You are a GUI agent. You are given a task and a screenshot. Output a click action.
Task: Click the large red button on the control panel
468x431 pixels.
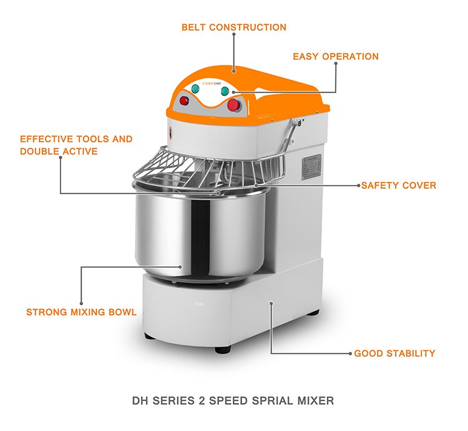[234, 105]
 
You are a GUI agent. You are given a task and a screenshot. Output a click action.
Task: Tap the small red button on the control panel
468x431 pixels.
[184, 100]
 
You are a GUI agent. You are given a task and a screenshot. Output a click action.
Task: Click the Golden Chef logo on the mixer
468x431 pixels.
[205, 80]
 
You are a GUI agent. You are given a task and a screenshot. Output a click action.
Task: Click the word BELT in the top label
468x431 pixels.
[195, 27]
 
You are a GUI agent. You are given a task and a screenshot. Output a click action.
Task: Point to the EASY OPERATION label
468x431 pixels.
[336, 57]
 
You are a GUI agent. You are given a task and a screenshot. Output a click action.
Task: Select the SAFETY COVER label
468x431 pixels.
[399, 186]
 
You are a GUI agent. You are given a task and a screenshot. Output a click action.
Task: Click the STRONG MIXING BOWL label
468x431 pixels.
[81, 312]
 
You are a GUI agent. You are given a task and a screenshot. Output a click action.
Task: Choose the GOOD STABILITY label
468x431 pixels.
[394, 354]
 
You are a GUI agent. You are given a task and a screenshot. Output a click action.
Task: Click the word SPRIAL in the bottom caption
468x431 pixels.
[256, 399]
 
